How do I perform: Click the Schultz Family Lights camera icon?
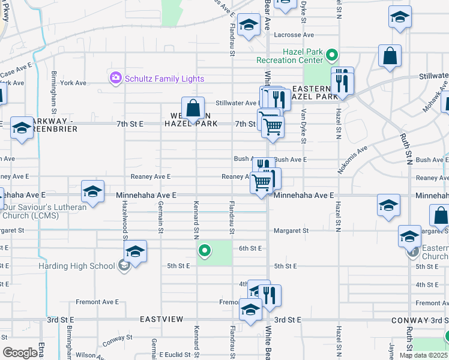(115, 78)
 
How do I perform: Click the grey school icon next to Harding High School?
(124, 266)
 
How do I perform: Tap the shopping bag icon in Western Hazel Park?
(193, 109)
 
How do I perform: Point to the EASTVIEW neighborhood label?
(161, 319)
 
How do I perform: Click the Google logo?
(20, 353)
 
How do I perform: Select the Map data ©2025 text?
(424, 355)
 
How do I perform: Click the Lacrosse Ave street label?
(291, 35)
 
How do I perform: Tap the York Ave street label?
(73, 83)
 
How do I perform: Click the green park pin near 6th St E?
(205, 250)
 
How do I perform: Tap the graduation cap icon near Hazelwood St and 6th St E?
(136, 252)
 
